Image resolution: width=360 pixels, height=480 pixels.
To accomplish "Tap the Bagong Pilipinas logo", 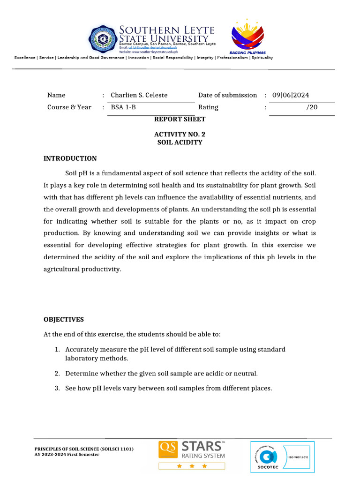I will [247, 37].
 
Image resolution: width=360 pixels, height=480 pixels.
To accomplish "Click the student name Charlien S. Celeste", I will [139, 95].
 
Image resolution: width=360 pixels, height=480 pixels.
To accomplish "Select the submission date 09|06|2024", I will [291, 95].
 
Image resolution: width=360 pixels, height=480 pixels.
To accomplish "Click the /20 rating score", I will [312, 107].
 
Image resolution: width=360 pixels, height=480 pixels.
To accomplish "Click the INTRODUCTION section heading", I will [70, 158].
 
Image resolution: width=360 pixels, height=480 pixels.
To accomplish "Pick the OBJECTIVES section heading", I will [64, 320].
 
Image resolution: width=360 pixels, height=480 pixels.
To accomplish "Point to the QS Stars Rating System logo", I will [192, 454].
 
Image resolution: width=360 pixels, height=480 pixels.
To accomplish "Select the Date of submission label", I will [227, 95].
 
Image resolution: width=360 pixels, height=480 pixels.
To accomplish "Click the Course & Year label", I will [69, 107].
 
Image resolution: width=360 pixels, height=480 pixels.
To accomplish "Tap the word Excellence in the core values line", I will [25, 58].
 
